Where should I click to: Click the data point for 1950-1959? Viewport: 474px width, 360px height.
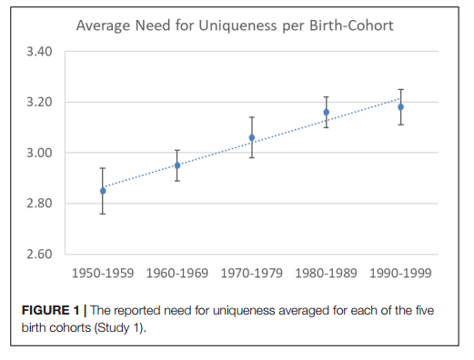[x=103, y=191]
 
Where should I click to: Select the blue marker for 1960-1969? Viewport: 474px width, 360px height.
[x=177, y=165]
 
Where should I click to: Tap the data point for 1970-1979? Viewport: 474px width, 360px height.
[x=252, y=138]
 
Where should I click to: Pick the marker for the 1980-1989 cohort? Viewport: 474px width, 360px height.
[x=327, y=113]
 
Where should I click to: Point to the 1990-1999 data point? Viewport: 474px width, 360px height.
[x=400, y=107]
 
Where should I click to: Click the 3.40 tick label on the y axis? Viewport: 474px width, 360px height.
[x=39, y=52]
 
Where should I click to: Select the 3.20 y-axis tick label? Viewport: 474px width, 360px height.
[x=39, y=102]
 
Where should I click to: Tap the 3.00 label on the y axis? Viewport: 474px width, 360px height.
[x=39, y=153]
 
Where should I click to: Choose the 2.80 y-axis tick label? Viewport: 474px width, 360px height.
[x=39, y=204]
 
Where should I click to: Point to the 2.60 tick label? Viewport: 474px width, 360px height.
[x=39, y=254]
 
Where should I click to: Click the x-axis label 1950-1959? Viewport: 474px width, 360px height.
[x=103, y=274]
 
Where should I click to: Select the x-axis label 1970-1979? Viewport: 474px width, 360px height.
[x=252, y=274]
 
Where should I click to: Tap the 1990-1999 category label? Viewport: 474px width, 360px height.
[x=400, y=274]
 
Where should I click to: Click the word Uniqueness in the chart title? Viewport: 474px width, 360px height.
[x=237, y=25]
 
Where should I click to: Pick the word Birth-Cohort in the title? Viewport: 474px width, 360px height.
[x=351, y=25]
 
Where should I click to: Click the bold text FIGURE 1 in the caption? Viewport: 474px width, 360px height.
[x=50, y=310]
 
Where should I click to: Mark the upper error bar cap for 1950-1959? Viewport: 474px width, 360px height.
[x=103, y=168]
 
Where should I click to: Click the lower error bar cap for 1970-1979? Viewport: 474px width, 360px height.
[x=252, y=157]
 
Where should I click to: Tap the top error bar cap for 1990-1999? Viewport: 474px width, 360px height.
[x=400, y=89]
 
